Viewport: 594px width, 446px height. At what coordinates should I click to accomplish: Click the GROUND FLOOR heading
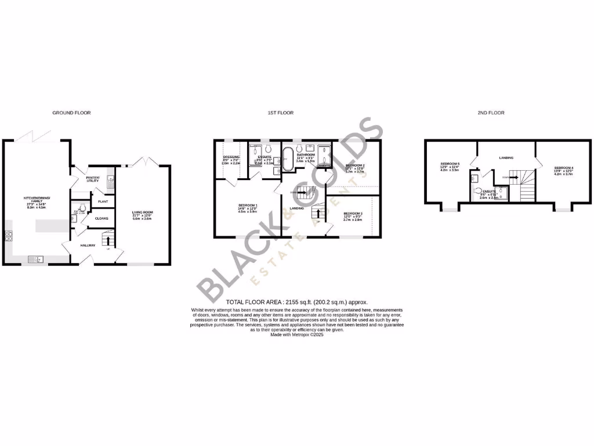tap(71, 113)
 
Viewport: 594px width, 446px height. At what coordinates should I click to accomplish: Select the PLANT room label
tap(103, 202)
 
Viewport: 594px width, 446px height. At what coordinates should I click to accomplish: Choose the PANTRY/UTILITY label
tap(92, 179)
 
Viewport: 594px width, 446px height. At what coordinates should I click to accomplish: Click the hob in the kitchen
tap(9, 235)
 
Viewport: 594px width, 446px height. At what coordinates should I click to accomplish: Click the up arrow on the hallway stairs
tap(108, 239)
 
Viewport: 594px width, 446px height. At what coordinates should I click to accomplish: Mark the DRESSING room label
tap(231, 158)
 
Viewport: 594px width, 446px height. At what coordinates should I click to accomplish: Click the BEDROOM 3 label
tap(353, 216)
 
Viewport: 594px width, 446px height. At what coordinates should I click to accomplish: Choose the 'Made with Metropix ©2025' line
tap(297, 334)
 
